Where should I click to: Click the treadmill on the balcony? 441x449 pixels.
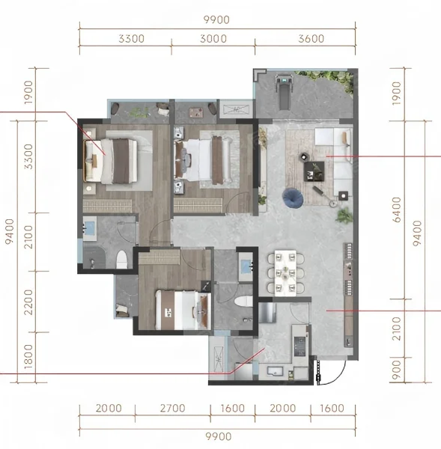[x=284, y=92]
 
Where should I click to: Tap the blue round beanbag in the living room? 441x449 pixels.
[x=293, y=198]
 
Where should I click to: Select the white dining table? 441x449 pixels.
[x=285, y=273]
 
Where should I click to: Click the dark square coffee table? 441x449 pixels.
[x=314, y=171]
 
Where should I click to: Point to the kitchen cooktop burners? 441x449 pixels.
[x=300, y=346]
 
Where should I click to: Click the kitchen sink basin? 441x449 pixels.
[x=275, y=371]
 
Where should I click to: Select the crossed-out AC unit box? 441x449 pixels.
[x=236, y=109]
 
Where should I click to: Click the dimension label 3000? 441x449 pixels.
[x=213, y=39]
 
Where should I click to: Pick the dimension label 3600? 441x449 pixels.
[x=311, y=39]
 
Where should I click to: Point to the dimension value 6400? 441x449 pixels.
[x=397, y=210]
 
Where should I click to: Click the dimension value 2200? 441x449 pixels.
[x=28, y=302]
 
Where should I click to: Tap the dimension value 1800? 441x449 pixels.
[x=28, y=357]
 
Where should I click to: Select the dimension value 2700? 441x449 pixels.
[x=172, y=408]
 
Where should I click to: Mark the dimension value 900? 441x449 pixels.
[x=397, y=370]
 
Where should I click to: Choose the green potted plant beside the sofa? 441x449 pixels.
[x=344, y=216]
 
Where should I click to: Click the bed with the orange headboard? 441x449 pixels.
[x=110, y=161]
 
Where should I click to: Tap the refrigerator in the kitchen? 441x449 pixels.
[x=267, y=312]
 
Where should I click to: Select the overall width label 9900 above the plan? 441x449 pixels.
[x=216, y=19]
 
